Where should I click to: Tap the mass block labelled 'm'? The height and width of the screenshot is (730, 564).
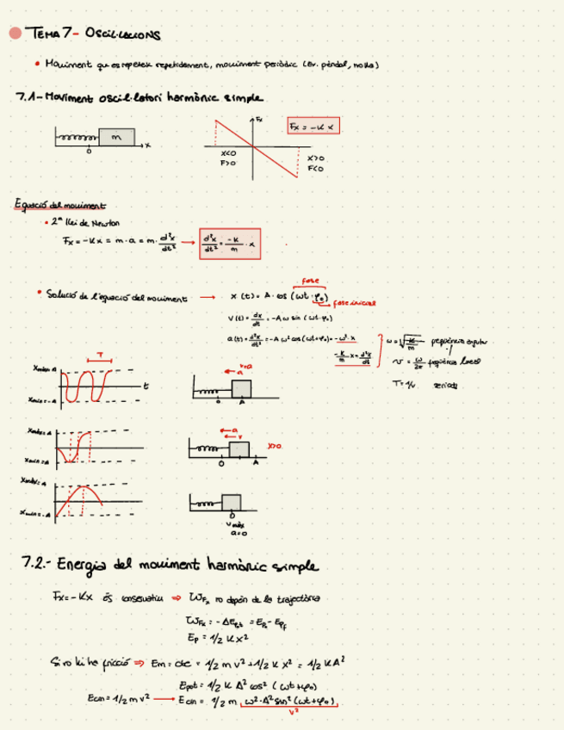pyautogui.click(x=116, y=137)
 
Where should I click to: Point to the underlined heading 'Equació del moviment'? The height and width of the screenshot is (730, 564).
pyautogui.click(x=59, y=205)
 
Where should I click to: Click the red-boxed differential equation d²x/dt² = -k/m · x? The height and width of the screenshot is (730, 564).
pyautogui.click(x=229, y=244)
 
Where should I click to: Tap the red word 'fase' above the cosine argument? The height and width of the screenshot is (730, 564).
pyautogui.click(x=310, y=281)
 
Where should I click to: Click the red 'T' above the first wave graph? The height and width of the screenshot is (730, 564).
pyautogui.click(x=100, y=356)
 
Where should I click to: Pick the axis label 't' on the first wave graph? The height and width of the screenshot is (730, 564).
pyautogui.click(x=146, y=386)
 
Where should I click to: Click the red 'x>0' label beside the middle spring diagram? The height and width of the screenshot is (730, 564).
pyautogui.click(x=275, y=446)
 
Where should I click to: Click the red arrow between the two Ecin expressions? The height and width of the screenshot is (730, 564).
pyautogui.click(x=161, y=700)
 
